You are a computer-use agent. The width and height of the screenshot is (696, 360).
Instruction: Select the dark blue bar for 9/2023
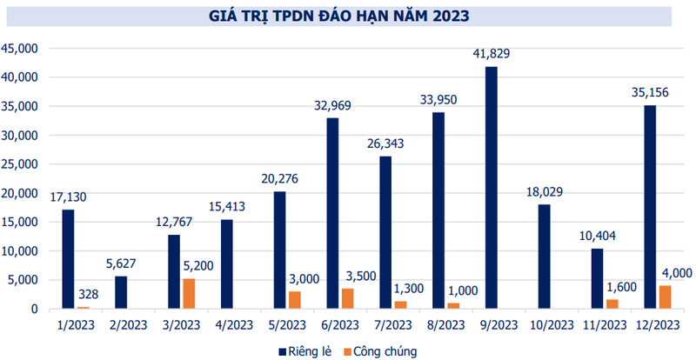point(492,187)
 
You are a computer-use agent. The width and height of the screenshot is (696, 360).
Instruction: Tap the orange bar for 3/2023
point(189,293)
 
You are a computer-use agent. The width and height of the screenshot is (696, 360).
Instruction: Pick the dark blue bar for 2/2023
point(121,292)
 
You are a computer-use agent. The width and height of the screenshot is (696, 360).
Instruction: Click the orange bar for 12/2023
point(665,297)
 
